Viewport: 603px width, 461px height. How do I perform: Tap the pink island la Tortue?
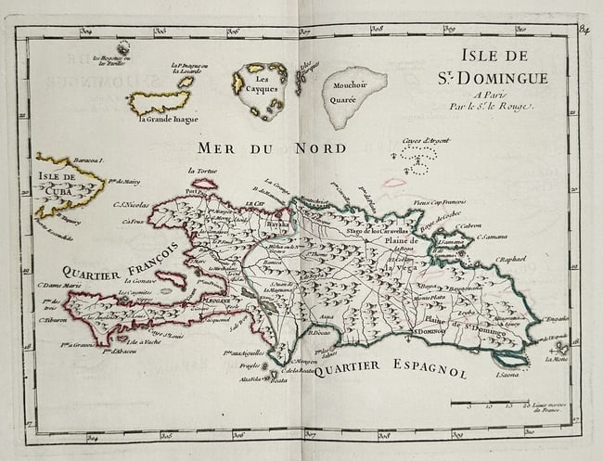pyautogui.click(x=204, y=184)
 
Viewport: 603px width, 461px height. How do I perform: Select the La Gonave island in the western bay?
pyautogui.click(x=170, y=278)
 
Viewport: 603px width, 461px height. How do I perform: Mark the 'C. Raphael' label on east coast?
pyautogui.click(x=511, y=260)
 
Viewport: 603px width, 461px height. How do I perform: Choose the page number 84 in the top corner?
pyautogui.click(x=584, y=29)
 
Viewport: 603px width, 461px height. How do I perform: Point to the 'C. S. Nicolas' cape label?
pyautogui.click(x=133, y=205)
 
